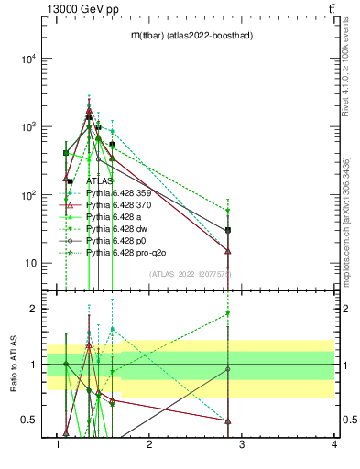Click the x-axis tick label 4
[334, 445]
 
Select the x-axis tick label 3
[242, 445]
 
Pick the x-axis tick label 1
[58, 445]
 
